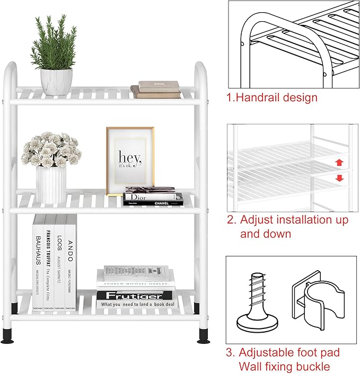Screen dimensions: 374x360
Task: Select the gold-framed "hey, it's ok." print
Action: pos(130,159)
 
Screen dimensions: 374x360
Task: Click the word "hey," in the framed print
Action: pos(130,157)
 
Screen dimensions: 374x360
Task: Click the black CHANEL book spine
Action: pos(153,202)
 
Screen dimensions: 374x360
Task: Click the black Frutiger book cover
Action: pos(136,299)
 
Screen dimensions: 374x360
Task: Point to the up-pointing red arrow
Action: pos(339,162)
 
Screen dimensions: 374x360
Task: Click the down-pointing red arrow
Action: pos(339,178)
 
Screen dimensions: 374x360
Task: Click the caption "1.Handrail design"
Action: pos(272,97)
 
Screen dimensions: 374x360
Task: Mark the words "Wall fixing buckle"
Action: pos(285,366)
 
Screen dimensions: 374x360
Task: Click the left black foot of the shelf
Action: pos(8,336)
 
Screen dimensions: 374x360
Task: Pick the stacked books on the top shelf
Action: pos(156,90)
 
